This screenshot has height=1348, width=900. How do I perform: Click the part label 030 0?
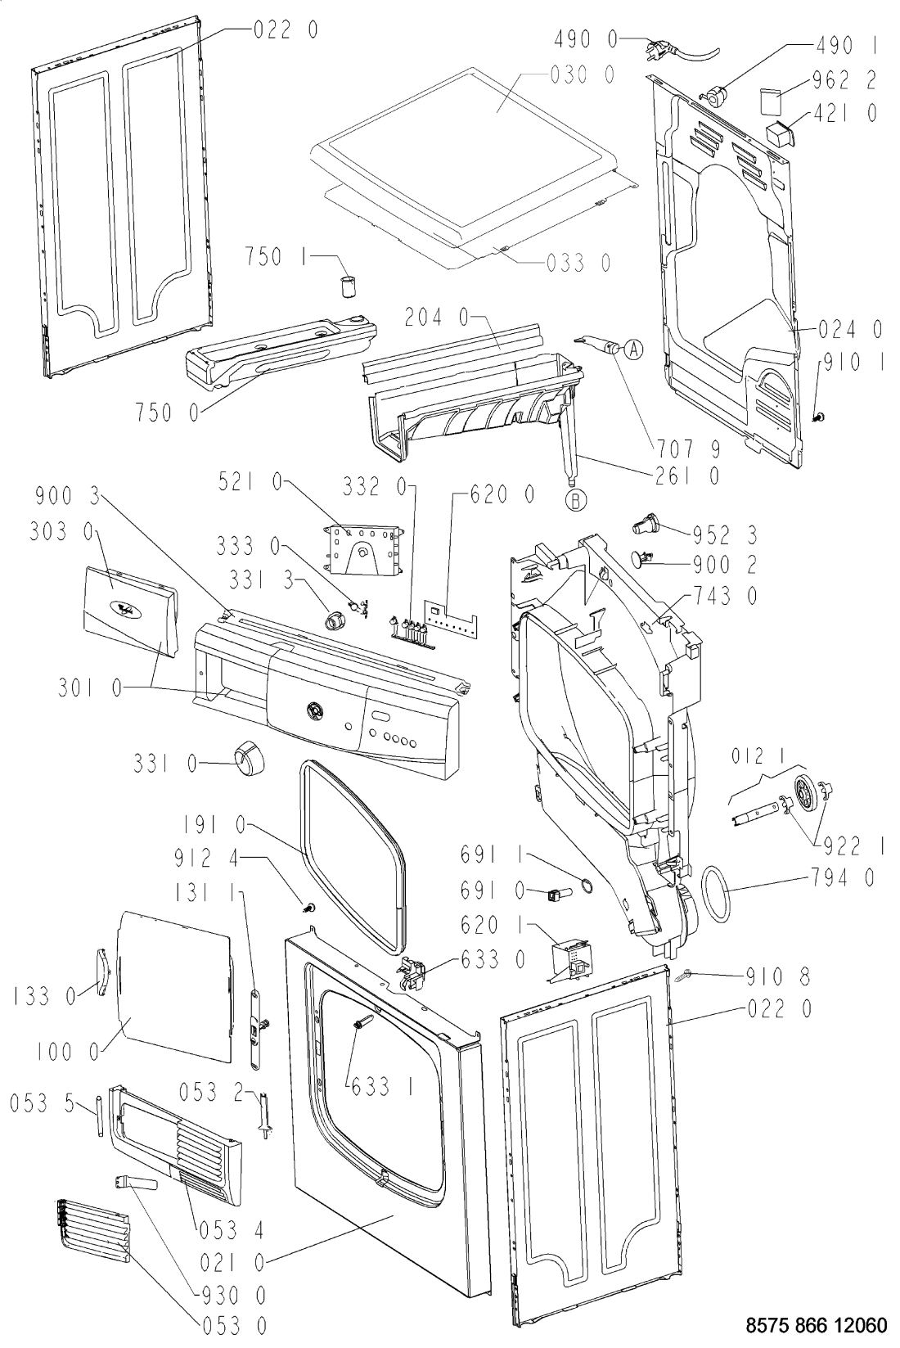point(583,75)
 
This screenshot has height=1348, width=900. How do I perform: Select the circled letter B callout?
point(576,500)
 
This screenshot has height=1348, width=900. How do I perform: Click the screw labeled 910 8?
point(684,976)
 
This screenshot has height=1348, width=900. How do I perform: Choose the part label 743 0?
point(726,596)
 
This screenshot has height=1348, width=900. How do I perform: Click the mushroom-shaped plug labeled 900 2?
point(642,558)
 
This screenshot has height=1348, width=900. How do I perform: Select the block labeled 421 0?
point(780,131)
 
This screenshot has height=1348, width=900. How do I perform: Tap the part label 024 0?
point(850,329)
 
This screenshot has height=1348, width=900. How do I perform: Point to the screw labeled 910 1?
point(819,416)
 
